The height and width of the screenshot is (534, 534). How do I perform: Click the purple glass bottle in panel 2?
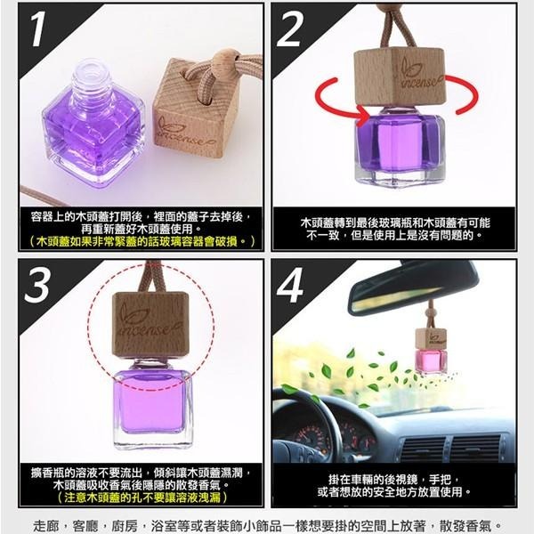pos(397,147)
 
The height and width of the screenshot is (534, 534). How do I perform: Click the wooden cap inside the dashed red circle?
pos(150,325)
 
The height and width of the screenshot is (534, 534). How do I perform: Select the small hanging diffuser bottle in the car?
pos(431,352)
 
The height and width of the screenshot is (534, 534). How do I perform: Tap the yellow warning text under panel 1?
pos(142,241)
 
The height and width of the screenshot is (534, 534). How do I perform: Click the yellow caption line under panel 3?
pos(142,498)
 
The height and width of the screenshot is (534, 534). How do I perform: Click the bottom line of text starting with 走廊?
pos(267,524)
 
